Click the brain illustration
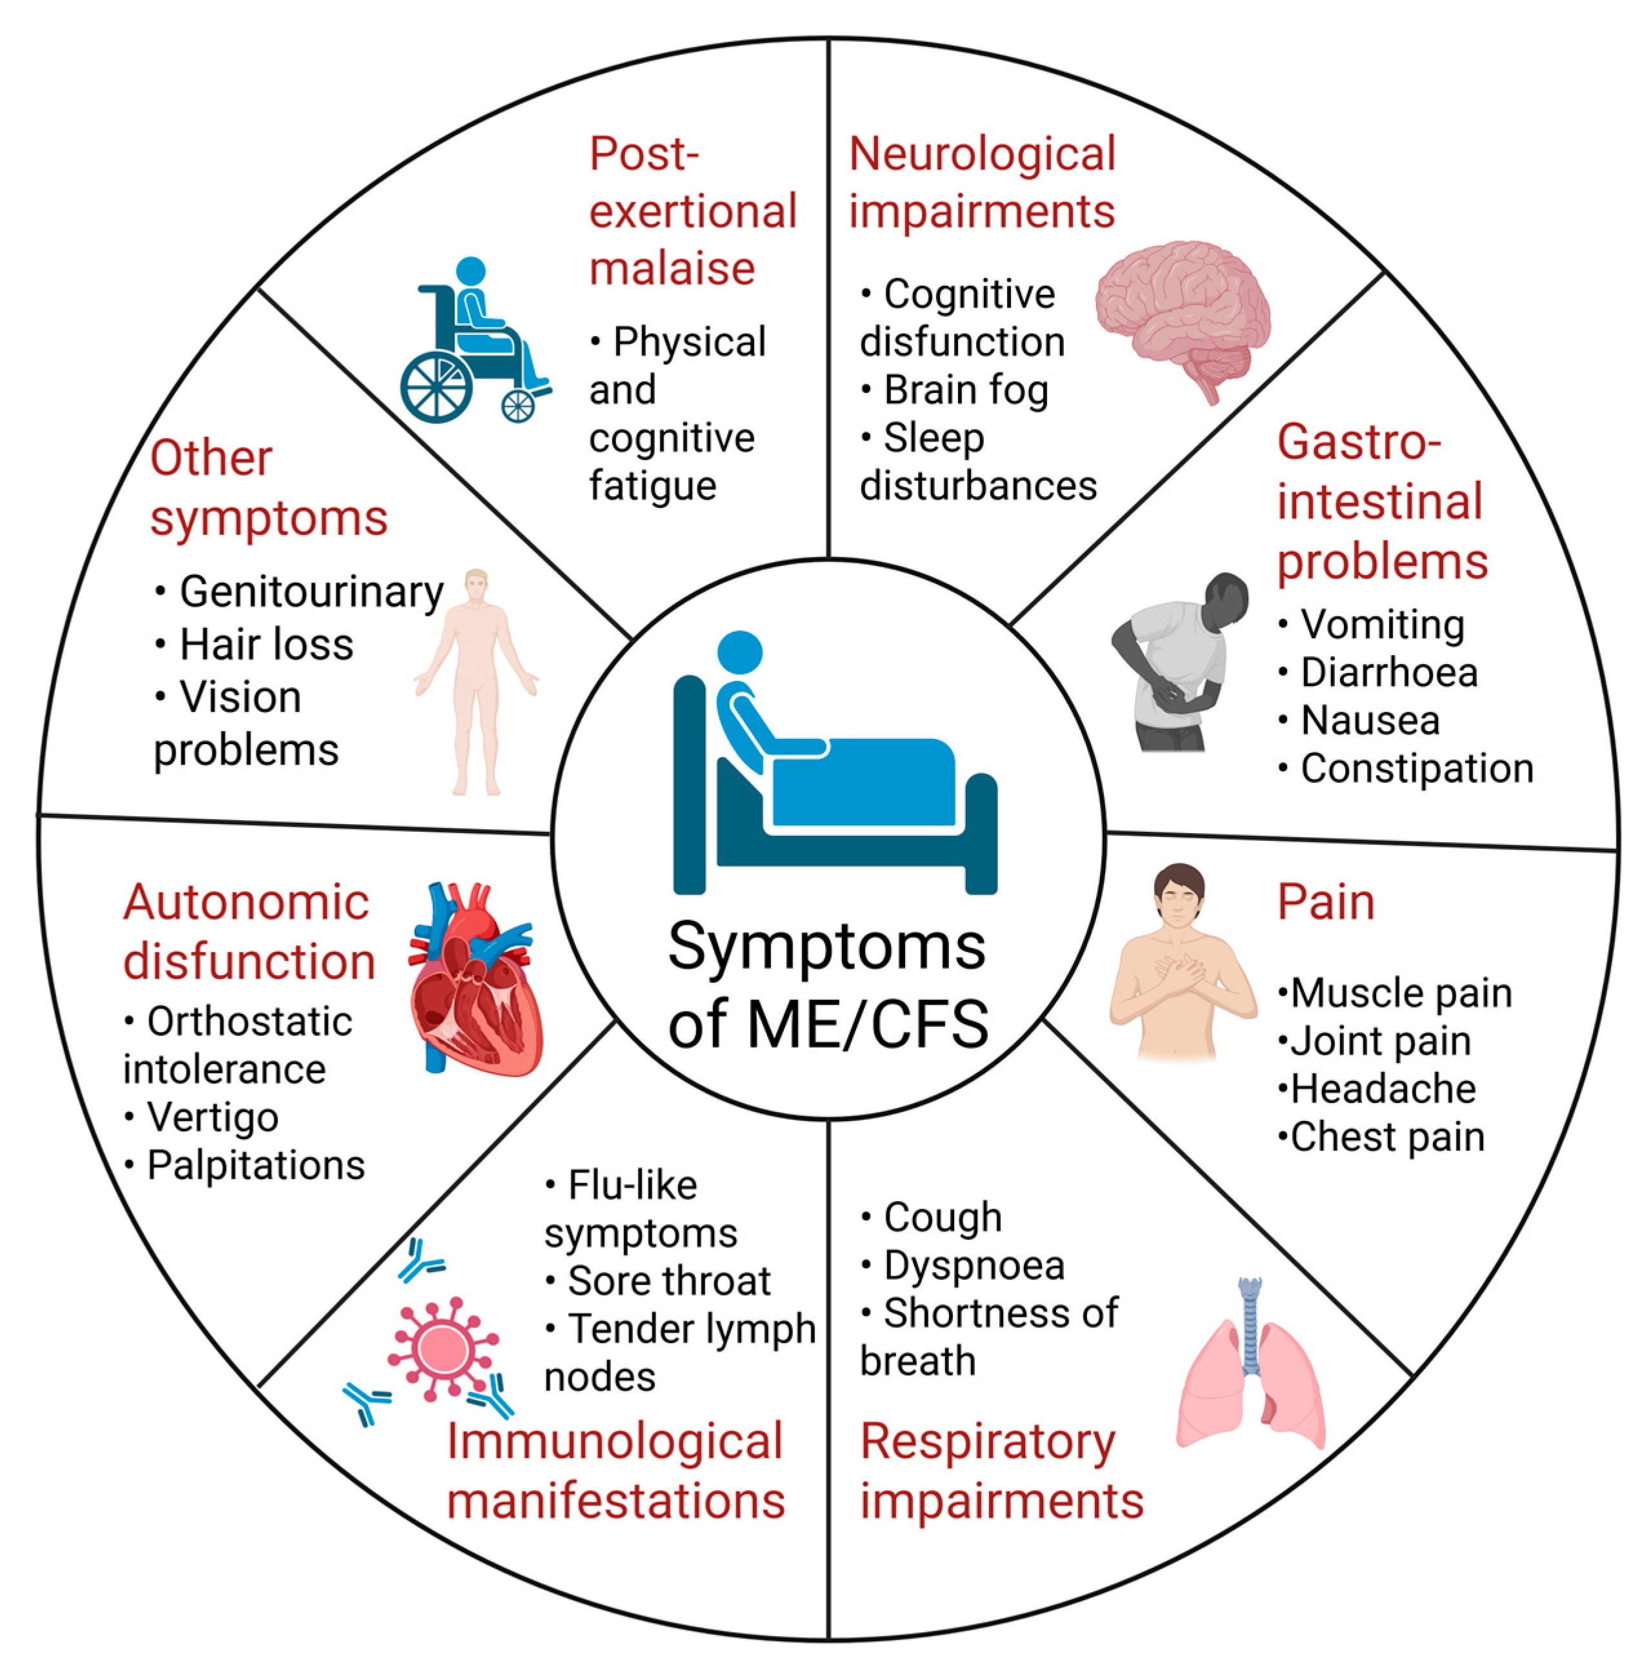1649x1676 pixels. pos(1182,312)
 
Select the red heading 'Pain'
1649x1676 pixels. pos(1325,902)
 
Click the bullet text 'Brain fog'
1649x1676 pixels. pos(966,390)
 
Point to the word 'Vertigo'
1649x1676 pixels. pos(212,1117)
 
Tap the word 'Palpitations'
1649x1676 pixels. pos(255,1165)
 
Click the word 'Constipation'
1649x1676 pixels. pos(1417,768)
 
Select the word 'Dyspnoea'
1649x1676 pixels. pos(974,1266)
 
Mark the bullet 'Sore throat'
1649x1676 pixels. pos(668,1281)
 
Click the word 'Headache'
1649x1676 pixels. pos(1383,1089)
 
